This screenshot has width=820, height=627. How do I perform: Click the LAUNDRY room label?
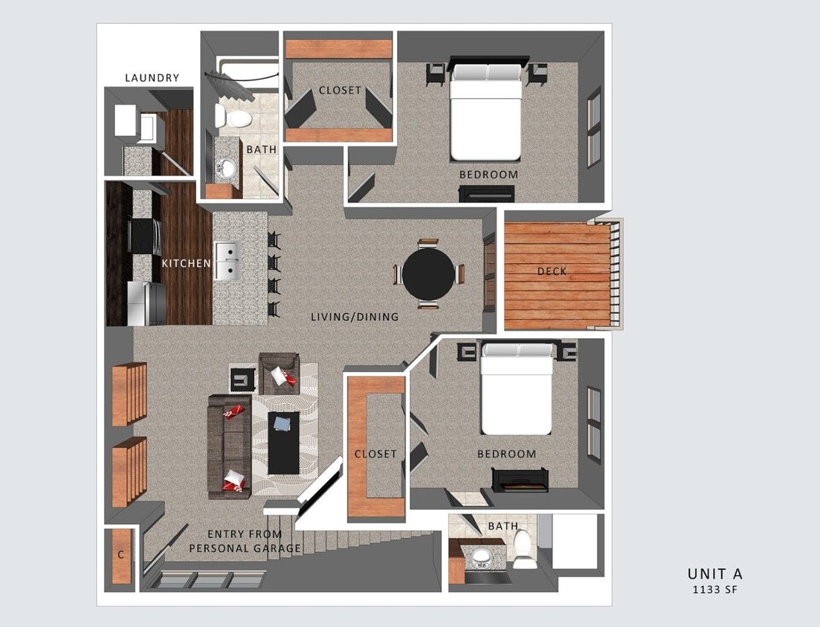click(152, 78)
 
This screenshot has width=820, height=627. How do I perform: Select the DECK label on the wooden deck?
click(552, 271)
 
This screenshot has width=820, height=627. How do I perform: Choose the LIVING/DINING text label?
click(355, 317)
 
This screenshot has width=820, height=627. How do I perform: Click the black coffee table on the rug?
click(283, 442)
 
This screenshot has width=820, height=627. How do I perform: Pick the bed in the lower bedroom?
click(517, 391)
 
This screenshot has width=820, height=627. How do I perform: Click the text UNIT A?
click(714, 574)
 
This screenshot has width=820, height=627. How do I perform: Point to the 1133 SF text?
click(714, 590)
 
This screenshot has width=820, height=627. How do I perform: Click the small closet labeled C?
click(120, 555)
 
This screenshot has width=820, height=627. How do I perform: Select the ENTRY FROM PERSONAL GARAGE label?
click(245, 542)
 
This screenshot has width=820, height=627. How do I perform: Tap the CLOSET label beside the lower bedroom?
click(375, 454)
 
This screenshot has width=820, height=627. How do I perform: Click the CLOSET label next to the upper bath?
click(340, 91)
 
